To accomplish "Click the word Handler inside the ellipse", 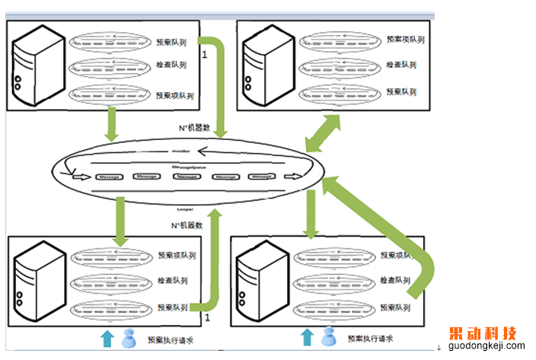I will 180,152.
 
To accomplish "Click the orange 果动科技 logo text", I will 483,333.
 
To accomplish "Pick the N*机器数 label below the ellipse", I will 187,225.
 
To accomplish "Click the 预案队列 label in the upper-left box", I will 169,43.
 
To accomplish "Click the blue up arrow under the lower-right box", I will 306,336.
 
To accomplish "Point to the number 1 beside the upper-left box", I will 204,55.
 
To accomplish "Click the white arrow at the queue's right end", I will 290,177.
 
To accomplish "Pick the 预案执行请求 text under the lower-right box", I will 369,339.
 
